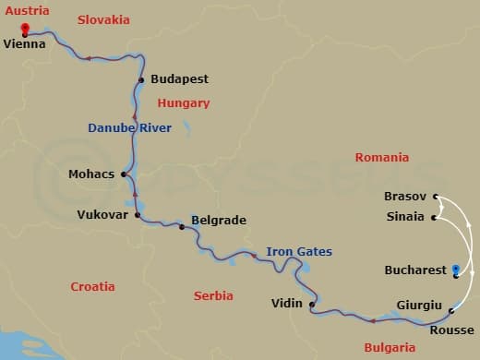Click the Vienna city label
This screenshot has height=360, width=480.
25,43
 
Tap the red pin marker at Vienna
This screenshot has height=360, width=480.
25,28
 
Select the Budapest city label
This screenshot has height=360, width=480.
179,80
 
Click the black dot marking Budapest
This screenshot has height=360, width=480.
141,80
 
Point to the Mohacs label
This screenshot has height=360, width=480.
91,174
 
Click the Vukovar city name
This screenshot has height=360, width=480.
102,215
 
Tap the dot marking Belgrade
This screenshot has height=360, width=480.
182,227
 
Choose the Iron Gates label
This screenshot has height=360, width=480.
299,251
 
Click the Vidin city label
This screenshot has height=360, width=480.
287,303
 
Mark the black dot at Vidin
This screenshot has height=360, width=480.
312,305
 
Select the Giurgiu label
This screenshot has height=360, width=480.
419,306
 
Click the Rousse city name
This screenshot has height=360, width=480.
452,330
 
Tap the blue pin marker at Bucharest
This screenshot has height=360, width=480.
456,270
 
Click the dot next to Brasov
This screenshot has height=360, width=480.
436,197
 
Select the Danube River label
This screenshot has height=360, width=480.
129,128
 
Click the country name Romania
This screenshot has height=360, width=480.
381,158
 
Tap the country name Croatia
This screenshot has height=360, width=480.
93,287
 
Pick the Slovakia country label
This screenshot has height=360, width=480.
103,19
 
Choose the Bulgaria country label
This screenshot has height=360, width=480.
390,348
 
